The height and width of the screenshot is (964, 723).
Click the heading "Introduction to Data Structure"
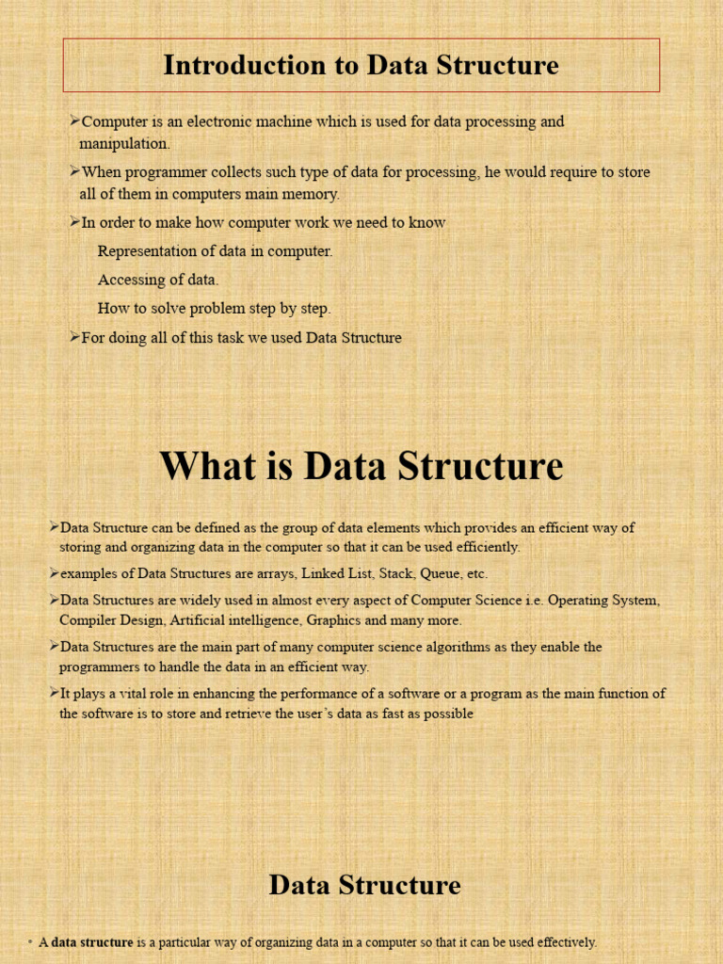pos(361,65)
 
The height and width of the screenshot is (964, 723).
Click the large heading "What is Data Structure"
pos(361,466)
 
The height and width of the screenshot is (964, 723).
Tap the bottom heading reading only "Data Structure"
pos(364,885)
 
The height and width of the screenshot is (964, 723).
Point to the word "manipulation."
pos(124,144)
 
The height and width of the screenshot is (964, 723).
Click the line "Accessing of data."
pos(158,280)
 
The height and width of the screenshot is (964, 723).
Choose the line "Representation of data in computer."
pos(215,251)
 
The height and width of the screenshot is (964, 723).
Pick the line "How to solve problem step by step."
pos(214,308)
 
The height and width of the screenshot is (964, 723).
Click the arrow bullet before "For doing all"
pos(74,337)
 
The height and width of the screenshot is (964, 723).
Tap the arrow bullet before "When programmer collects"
pos(74,171)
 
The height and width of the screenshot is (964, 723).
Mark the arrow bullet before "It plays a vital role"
pos(54,693)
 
